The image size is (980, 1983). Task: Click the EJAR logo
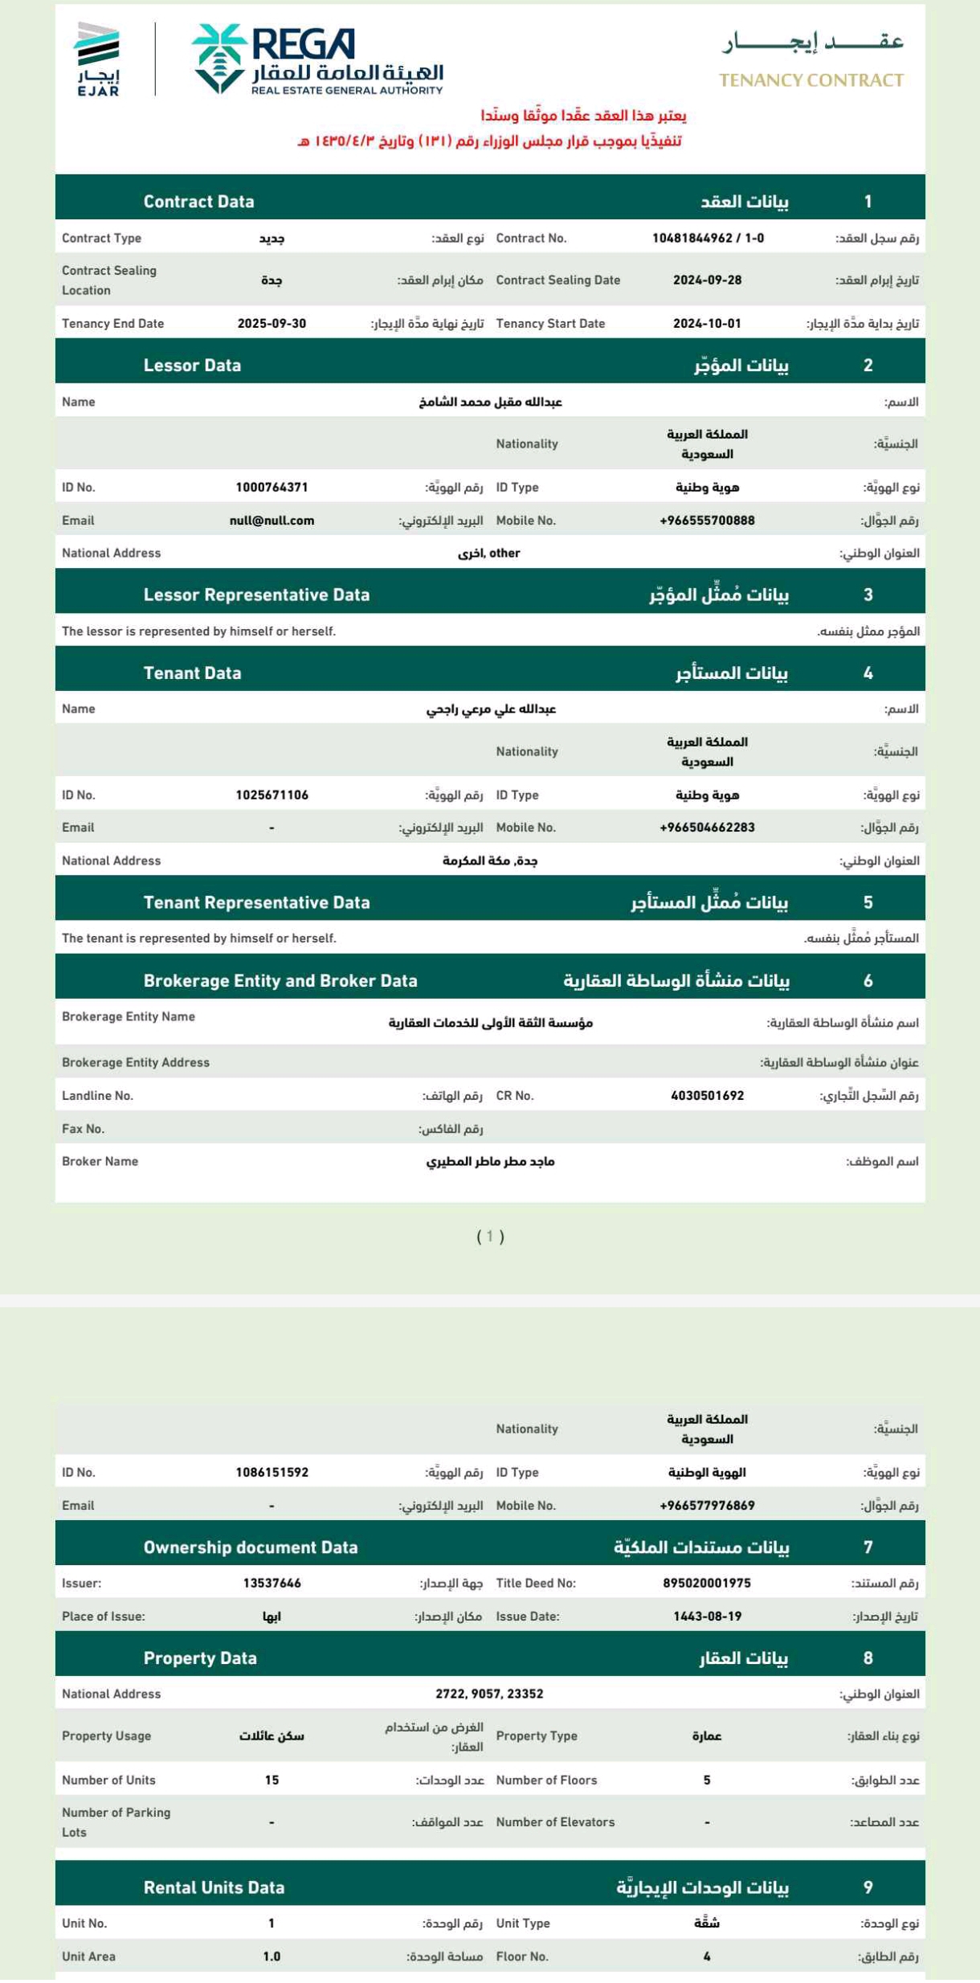pos(97,59)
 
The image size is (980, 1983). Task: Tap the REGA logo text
pos(303,44)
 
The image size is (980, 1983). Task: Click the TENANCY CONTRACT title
pos(811,80)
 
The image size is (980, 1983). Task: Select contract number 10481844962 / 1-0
pos(707,239)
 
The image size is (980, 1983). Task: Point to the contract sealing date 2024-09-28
pos(707,280)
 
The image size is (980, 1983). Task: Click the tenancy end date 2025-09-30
pos(272,324)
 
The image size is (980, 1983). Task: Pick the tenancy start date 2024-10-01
pos(707,324)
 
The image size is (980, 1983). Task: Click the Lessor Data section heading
pos(192,366)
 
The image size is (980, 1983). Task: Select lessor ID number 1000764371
pos(272,488)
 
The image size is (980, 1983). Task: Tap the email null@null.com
pos(272,521)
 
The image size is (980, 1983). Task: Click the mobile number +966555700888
pos(707,521)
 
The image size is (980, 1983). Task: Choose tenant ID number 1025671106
pos(272,795)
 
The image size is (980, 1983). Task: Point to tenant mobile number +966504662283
pos(707,828)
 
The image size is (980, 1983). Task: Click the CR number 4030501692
pos(707,1096)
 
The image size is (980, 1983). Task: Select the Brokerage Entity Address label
pos(135,1063)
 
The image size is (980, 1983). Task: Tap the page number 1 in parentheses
pos(490,1237)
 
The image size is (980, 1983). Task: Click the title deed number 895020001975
pos(707,1583)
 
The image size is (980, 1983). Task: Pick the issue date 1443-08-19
pos(707,1616)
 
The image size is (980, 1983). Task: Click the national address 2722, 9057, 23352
pos(489,1694)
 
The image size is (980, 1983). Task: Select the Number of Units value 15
pos(272,1780)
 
